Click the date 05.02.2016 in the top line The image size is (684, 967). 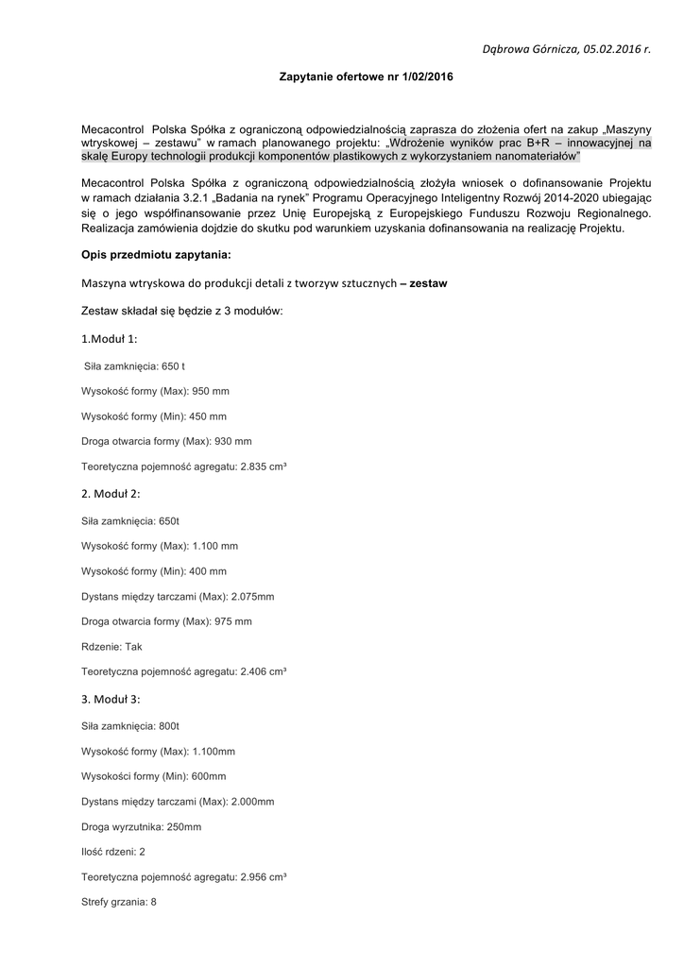click(x=611, y=47)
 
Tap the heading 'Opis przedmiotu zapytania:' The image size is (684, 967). click(x=156, y=255)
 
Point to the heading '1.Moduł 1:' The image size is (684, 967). click(x=109, y=338)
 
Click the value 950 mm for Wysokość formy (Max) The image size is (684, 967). click(x=211, y=390)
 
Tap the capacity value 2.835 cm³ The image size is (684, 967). click(x=264, y=467)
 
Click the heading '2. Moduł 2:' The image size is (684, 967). click(x=111, y=494)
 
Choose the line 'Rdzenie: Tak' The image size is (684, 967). click(x=111, y=647)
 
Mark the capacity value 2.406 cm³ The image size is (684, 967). click(x=264, y=672)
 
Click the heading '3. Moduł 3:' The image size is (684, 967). click(x=111, y=700)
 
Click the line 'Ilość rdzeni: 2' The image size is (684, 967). click(x=113, y=852)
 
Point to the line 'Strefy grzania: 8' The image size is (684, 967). click(x=119, y=903)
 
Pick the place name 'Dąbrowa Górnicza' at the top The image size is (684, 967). click(x=530, y=47)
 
